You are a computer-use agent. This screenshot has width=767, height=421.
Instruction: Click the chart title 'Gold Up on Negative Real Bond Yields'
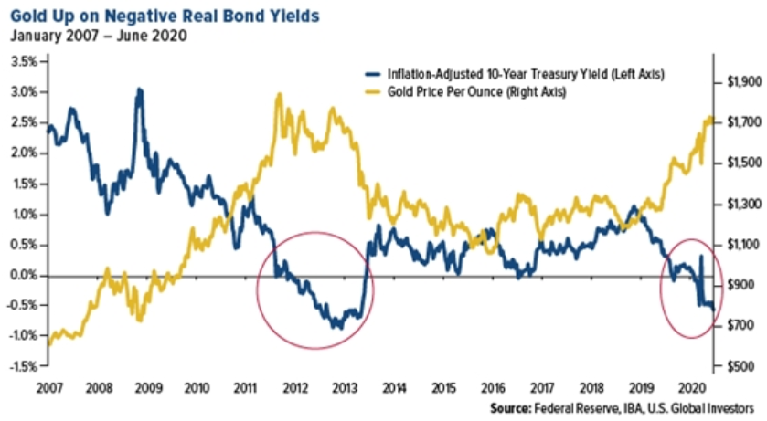[x=165, y=16]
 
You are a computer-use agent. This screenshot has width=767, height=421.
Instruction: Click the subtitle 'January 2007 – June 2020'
[x=99, y=37]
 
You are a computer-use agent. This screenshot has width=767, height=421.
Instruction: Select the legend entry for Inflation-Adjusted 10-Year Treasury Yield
[x=515, y=74]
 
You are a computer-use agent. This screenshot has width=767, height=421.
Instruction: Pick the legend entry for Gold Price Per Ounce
[x=465, y=92]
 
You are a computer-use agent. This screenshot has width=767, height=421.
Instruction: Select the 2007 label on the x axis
[x=49, y=388]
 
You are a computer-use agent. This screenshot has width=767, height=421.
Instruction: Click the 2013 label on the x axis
[x=345, y=388]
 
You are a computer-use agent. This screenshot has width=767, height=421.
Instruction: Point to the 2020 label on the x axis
[x=692, y=388]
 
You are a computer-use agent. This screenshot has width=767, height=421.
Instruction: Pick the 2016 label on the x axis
[x=493, y=388]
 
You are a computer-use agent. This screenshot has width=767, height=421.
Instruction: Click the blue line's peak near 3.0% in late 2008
[x=139, y=89]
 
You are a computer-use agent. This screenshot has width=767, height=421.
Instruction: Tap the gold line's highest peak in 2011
[x=280, y=94]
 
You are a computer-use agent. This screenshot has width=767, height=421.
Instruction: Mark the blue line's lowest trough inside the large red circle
[x=338, y=327]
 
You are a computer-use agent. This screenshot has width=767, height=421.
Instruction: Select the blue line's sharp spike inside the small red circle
[x=701, y=257]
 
